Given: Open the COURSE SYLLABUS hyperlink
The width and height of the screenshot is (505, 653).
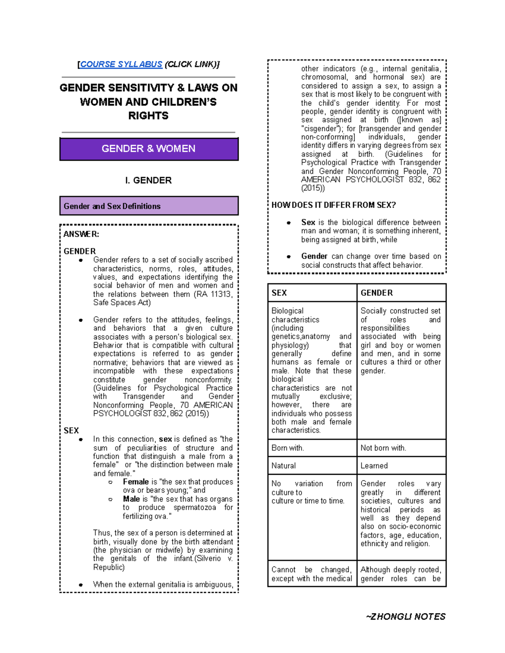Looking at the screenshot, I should tap(121, 64).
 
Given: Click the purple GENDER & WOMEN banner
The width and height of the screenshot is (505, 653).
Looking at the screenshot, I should tap(149, 149).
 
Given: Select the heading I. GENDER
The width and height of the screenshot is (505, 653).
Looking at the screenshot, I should tap(148, 180).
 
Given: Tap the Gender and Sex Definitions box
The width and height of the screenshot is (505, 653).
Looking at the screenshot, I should tap(149, 206).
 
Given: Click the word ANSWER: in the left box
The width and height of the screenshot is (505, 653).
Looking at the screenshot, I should tap(81, 234).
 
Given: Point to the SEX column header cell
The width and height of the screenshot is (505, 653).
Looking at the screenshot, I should tap(312, 293).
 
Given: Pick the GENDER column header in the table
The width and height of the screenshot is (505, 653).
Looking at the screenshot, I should tap(401, 293).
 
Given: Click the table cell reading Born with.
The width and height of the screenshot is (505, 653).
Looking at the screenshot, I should tap(312, 448).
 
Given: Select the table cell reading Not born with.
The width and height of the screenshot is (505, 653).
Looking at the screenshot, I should tap(401, 448).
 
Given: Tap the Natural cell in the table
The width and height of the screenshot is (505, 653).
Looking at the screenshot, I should tap(312, 465).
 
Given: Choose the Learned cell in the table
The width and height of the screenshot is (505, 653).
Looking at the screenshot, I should tap(401, 465).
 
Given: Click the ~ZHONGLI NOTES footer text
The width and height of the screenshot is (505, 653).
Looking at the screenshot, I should tap(406, 616).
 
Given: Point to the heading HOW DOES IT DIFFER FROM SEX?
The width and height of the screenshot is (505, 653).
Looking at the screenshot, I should tap(333, 205).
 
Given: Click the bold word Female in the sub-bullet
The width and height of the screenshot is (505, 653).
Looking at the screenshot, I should tap(136, 482).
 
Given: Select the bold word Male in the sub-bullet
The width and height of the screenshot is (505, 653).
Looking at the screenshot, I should tap(131, 499).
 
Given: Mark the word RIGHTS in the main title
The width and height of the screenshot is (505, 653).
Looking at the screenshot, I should tap(148, 116).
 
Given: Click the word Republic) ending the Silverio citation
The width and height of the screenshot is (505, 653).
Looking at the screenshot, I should tap(109, 567).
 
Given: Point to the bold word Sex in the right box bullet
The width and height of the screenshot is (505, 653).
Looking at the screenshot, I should tap(308, 222).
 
